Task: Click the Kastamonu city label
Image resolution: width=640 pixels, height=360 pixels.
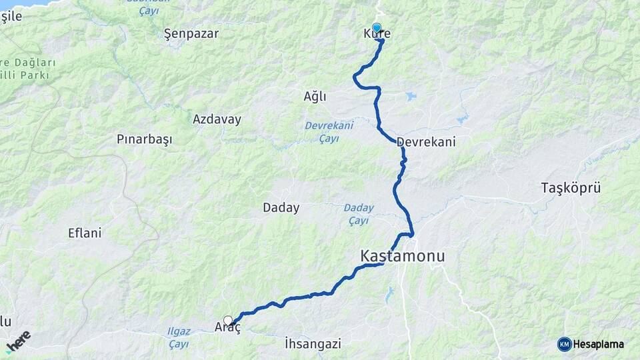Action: point(402,256)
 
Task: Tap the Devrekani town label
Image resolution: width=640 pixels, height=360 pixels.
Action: point(425,142)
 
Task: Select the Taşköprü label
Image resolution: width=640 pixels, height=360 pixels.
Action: point(571,188)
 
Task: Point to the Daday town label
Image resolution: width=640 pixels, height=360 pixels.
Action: point(281,208)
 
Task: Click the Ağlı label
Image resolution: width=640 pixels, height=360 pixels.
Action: point(315,97)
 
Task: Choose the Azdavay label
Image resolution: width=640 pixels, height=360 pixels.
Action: point(217,119)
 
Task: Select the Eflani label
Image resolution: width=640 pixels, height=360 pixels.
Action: point(85,233)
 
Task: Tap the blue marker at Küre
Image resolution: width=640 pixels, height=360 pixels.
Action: point(377,29)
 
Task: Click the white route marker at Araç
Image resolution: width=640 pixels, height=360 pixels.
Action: point(228,321)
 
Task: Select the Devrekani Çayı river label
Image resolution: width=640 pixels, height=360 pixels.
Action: point(328,131)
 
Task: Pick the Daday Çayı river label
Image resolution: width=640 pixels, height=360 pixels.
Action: point(358,214)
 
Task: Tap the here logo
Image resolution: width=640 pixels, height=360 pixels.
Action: point(18,341)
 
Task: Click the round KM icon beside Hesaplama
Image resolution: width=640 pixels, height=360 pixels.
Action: point(564,344)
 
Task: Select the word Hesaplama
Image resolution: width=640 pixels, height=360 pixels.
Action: point(599,344)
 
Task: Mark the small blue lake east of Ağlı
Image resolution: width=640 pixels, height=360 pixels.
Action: point(410,97)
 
